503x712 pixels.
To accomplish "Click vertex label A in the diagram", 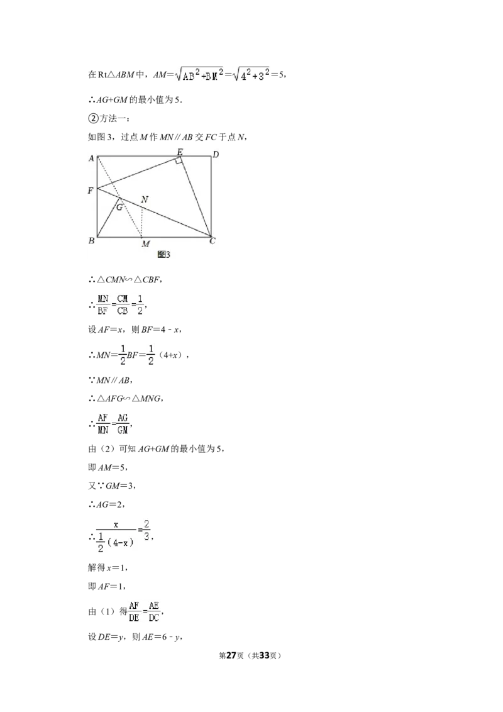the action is pos(91,159).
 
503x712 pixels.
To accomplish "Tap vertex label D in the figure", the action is pos(216,154).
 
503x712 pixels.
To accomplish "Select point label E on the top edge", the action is pos(179,152).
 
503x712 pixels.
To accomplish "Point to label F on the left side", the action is pos(91,191).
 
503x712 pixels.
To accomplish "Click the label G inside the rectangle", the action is pos(119,207).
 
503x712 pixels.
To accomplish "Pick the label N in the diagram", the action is pos(145,199).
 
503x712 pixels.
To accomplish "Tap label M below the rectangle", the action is pos(145,244).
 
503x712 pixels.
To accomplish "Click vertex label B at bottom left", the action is pos(91,240).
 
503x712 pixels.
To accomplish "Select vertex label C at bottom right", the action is pos(213,241).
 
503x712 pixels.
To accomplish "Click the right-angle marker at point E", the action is pos(179,160).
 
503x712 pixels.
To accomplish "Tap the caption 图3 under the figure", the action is pos(163,255).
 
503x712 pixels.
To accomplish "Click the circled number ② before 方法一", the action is pos(92,118).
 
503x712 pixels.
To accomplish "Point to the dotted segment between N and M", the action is pos(142,223).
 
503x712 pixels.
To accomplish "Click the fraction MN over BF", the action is pos(103,304).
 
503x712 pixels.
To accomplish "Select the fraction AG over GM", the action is pos(123,424).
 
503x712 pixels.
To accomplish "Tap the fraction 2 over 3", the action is pos(146,530).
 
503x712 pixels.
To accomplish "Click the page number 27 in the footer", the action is pos(231,655).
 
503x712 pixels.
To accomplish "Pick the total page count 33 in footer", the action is pos(264,655).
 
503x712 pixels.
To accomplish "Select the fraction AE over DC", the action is pos(154,611).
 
